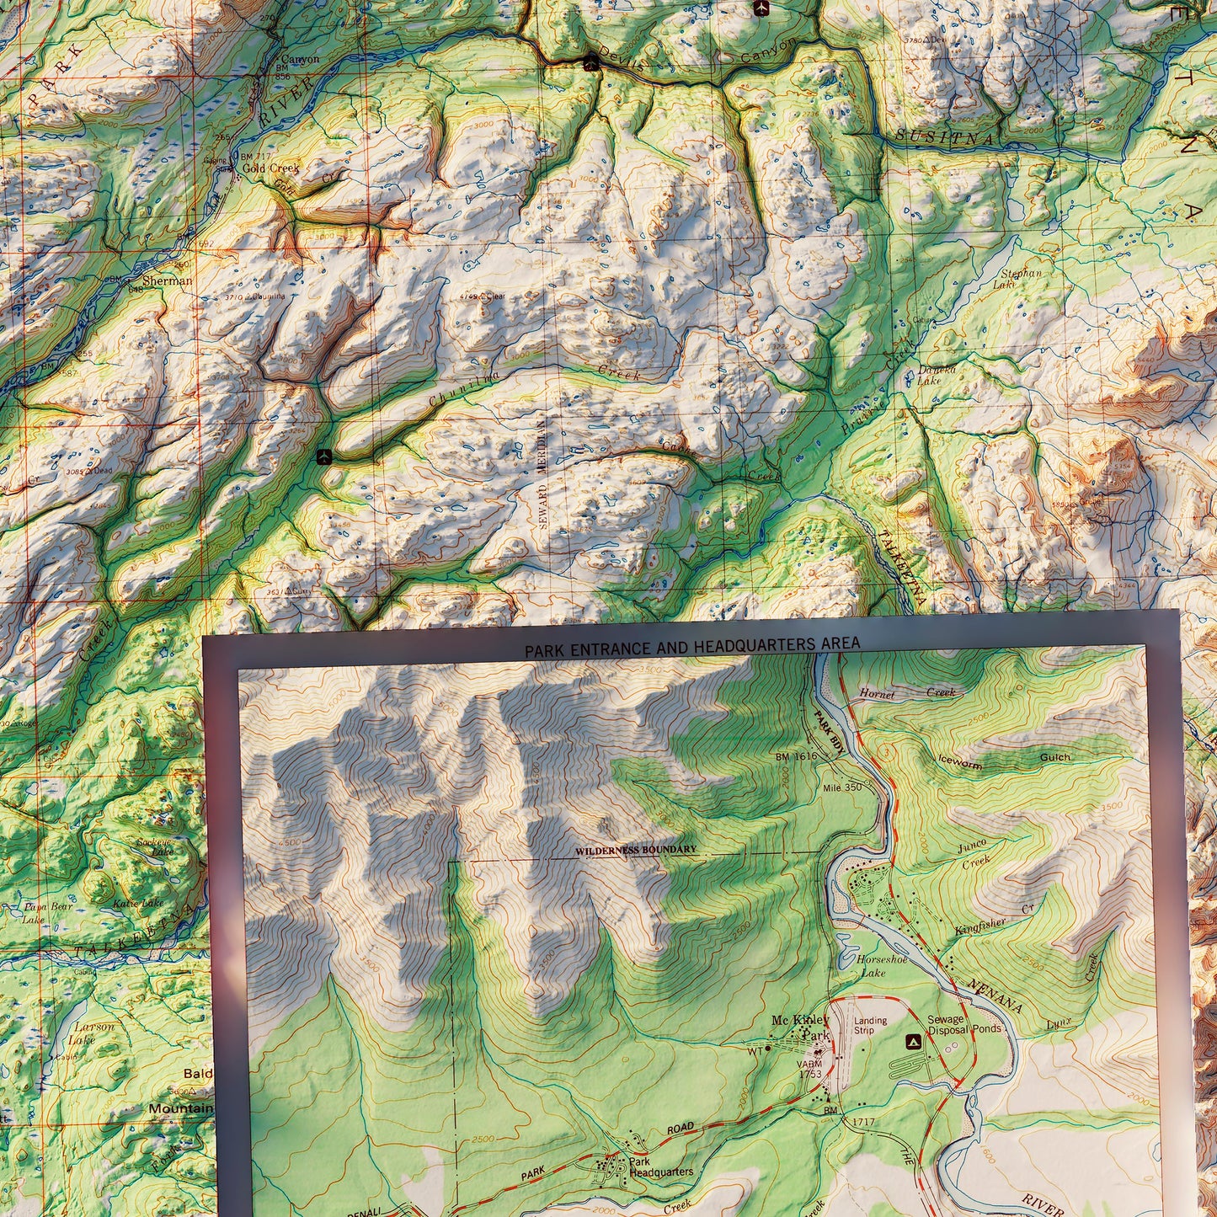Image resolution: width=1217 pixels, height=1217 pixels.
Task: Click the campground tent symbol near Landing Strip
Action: (911, 1042)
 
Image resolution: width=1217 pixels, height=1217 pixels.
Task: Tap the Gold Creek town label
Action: (270, 168)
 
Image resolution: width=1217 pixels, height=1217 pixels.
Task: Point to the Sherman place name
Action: (167, 280)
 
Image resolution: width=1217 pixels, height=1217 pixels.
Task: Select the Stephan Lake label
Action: (1021, 278)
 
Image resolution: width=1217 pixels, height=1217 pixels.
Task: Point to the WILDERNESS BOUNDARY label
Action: (636, 850)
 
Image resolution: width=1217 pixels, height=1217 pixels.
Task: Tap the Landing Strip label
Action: (870, 1025)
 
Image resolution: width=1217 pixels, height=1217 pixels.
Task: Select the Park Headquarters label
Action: (661, 1166)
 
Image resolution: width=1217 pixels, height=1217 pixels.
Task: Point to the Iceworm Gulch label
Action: (1002, 761)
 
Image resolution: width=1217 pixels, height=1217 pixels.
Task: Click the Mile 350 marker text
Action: (842, 787)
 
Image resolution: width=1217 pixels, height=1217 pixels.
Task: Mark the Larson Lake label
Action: (93, 1033)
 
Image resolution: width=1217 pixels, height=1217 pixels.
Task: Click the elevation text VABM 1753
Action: (809, 1069)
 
